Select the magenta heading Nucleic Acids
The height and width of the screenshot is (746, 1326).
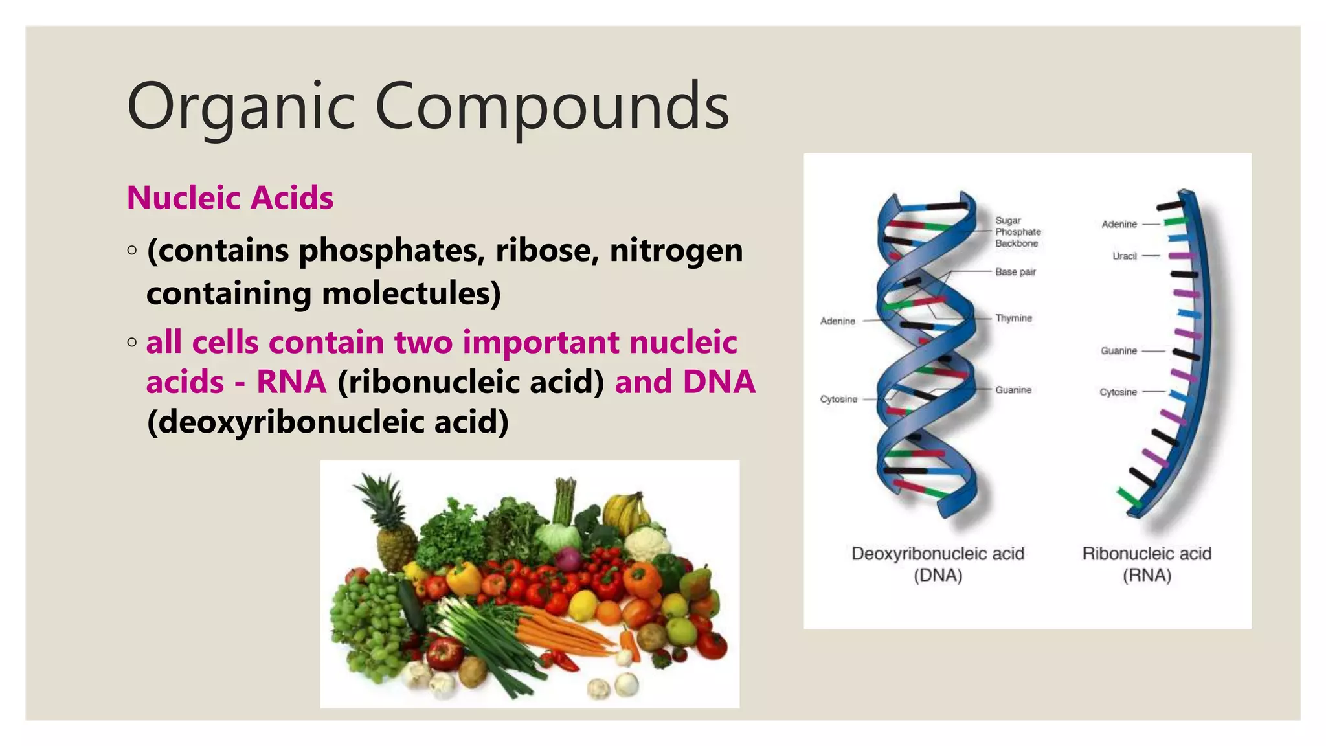pos(230,198)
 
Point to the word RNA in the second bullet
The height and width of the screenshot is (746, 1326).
pos(291,382)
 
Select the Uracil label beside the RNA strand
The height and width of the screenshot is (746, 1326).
pos(1125,256)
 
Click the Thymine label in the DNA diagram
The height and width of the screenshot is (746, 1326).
pos(1013,318)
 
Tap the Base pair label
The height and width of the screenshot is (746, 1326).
pos(1015,272)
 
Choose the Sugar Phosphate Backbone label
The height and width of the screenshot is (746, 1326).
pos(1017,232)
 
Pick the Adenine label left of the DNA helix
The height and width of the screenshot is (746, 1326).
pos(837,321)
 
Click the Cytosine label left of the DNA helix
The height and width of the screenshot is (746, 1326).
pos(838,400)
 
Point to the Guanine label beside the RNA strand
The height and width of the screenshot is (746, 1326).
pos(1118,351)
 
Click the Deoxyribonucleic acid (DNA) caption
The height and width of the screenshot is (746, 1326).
pos(938,564)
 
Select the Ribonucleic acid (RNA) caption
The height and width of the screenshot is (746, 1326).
pos(1147,564)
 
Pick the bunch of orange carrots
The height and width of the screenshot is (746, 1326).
pos(563,631)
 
